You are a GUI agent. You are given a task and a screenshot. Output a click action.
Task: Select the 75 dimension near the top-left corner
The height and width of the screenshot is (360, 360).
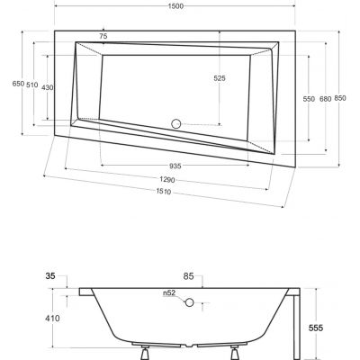[x=103, y=35]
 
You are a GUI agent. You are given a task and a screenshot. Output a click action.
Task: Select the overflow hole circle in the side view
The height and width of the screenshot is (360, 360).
[x=189, y=302]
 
